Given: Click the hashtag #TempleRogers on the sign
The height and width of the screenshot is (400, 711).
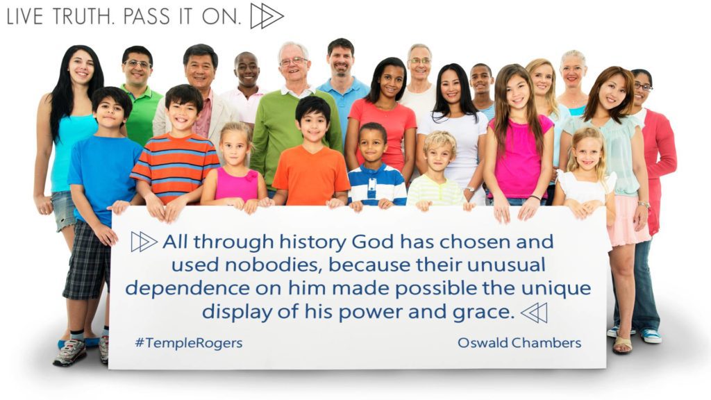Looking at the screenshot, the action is [189, 343].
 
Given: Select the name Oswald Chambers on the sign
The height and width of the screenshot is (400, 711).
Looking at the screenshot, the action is [519, 342].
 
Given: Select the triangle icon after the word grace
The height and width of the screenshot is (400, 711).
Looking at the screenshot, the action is [534, 312].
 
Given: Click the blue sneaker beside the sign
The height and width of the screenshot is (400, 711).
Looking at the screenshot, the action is [651, 335].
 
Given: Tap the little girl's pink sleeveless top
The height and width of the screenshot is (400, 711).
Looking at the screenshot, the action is [236, 183].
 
